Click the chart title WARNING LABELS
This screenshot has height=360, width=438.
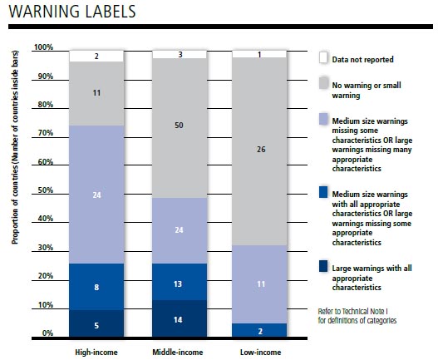[x=72, y=12]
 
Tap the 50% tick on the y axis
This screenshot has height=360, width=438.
[x=46, y=190]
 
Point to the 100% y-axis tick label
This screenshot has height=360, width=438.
[x=43, y=47]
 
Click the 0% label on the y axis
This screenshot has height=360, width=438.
[x=47, y=333]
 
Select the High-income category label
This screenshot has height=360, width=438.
[x=96, y=352]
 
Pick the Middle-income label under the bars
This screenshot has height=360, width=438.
[x=178, y=352]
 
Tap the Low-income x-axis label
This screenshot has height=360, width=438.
[x=261, y=352]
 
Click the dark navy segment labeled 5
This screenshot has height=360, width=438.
[x=96, y=323]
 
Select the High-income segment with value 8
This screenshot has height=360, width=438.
[x=96, y=287]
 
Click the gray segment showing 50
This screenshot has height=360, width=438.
[x=180, y=128]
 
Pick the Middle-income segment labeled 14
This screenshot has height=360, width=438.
[x=180, y=318]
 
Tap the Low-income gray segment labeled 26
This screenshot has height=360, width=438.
[x=259, y=151]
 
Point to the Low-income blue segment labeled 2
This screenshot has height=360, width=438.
[x=259, y=330]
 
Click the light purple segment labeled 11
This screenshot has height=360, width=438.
[x=259, y=284]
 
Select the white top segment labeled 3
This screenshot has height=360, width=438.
[x=180, y=55]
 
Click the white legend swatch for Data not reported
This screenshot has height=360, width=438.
[x=323, y=57]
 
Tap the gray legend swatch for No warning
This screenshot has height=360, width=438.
[x=323, y=83]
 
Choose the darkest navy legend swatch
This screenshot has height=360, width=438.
[x=323, y=266]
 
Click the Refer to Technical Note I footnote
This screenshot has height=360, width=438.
[x=357, y=316]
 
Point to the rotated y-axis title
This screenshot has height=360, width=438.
[x=15, y=147]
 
